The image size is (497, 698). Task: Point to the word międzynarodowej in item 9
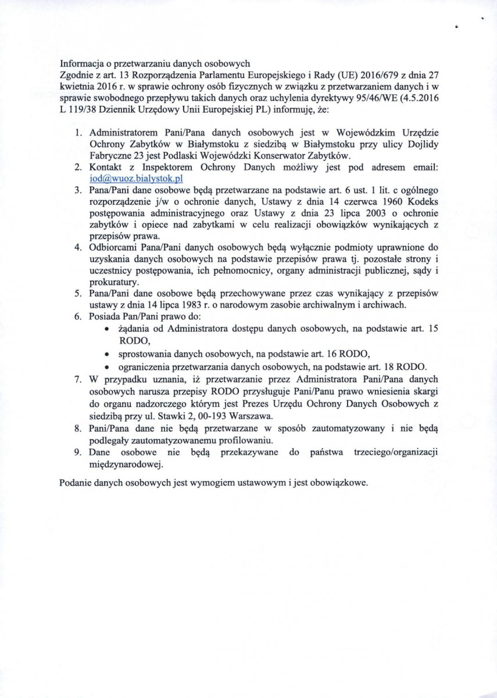(126, 464)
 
